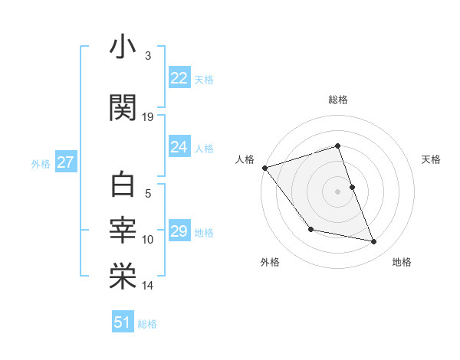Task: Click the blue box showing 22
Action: (x=179, y=78)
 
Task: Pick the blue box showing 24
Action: (x=179, y=147)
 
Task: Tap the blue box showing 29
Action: (x=179, y=231)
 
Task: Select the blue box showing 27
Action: (x=65, y=162)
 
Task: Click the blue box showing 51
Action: (x=122, y=322)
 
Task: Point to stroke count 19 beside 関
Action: (x=148, y=117)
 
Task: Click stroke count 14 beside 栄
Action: (x=148, y=286)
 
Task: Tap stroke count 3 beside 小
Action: (x=148, y=56)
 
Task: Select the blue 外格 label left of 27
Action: (x=41, y=163)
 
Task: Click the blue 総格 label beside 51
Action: (x=147, y=323)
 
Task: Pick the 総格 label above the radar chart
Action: (x=337, y=100)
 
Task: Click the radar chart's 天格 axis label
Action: (x=431, y=159)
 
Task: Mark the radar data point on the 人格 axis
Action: (x=264, y=168)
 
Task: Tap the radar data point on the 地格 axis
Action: (x=374, y=242)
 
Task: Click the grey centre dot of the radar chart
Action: (x=337, y=191)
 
